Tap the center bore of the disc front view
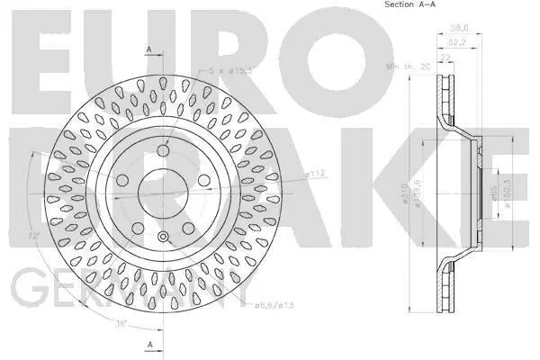pyautogui.click(x=164, y=193)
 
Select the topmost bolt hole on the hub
pyautogui.click(x=164, y=152)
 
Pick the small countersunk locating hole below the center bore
pyautogui.click(x=164, y=238)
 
